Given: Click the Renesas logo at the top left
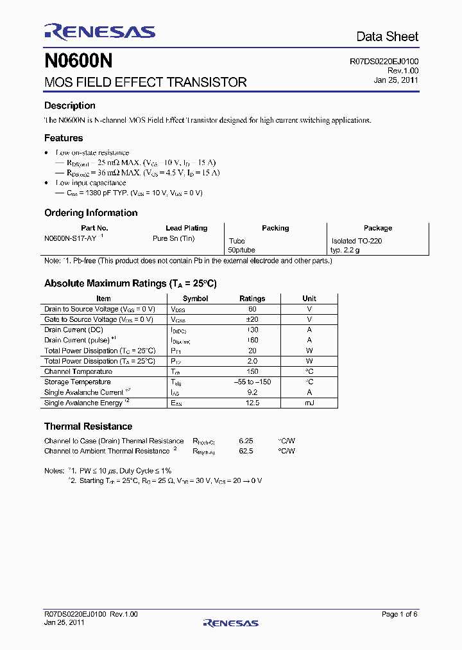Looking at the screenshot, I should point(99,31).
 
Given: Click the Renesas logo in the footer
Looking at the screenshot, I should point(230,622).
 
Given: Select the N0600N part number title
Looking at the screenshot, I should point(78,62).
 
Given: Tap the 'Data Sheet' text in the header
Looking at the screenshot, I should point(387,37).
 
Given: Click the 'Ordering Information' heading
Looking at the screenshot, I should point(90,213).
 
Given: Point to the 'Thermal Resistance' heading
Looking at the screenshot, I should point(88,426).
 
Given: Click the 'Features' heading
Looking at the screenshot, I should point(64,138).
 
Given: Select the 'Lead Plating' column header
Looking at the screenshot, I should point(186,228).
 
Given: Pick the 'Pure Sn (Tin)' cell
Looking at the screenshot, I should point(173,238).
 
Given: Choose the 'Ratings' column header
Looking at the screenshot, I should point(252,299).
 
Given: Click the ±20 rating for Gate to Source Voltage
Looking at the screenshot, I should point(252,319).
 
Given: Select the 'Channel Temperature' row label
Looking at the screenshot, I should point(78,372).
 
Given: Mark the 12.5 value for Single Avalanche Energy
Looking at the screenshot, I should point(252,403).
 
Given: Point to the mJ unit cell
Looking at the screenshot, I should point(309,403).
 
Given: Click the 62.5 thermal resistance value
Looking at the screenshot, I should point(246,451).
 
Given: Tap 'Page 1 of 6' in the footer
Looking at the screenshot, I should point(399,615).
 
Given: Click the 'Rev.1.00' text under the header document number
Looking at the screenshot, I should point(403,71).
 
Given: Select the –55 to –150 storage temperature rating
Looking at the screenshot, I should point(252,382).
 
